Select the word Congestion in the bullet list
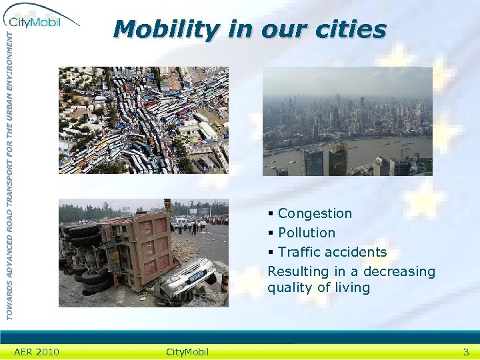click(315, 213)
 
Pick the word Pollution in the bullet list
click(307, 233)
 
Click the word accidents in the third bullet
click(355, 252)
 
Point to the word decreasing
click(399, 271)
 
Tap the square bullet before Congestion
click(271, 214)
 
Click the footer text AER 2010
click(37, 352)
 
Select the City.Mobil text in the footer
click(187, 352)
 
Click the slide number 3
click(466, 352)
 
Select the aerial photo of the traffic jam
click(143, 120)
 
